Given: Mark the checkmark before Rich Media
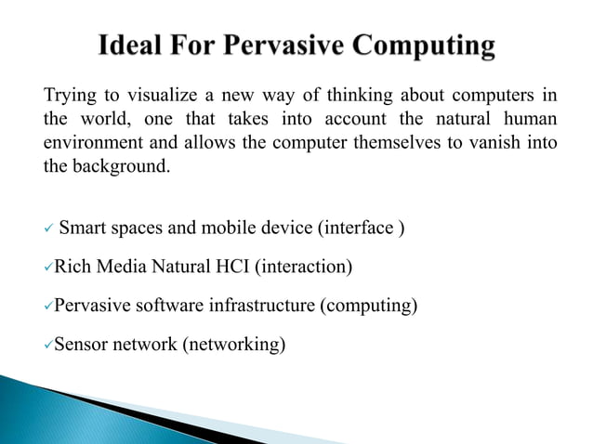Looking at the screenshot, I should click(x=48, y=268).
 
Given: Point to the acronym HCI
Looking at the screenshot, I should click(x=230, y=268).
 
